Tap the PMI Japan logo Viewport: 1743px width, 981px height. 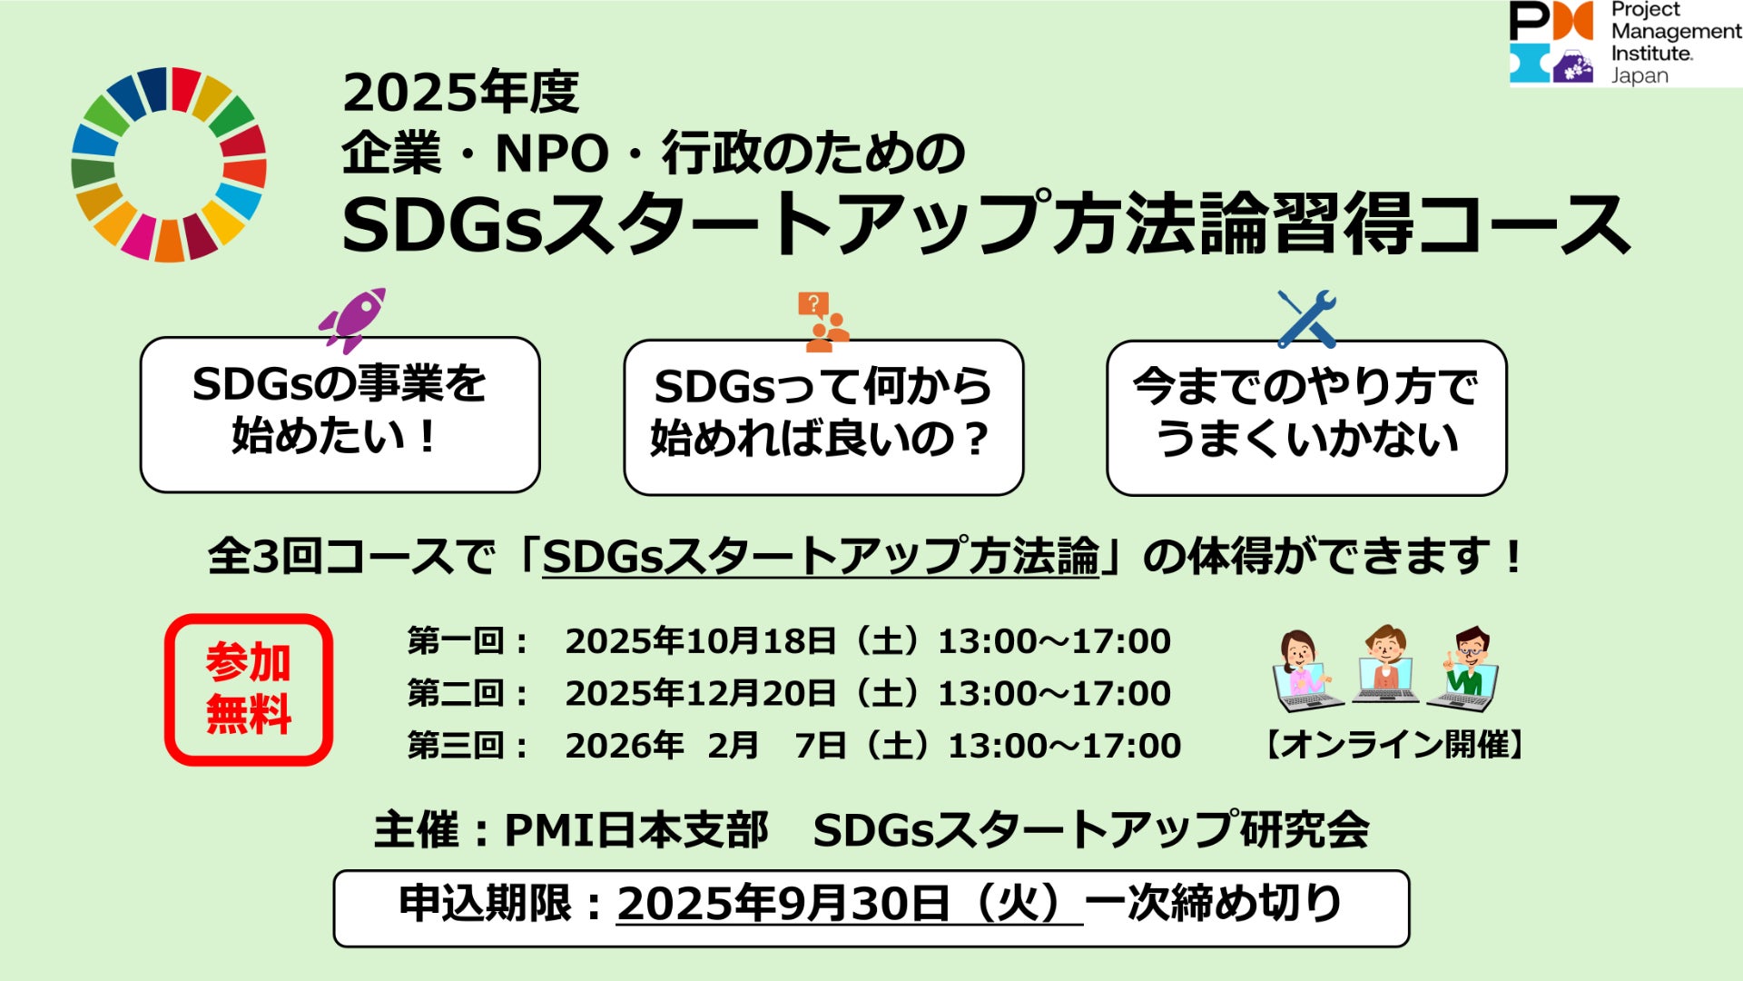(x=1625, y=43)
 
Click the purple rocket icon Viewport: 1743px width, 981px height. (x=352, y=320)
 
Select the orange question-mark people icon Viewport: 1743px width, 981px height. (x=822, y=322)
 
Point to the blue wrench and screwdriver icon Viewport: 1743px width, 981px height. (x=1306, y=319)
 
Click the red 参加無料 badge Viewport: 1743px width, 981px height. (x=249, y=689)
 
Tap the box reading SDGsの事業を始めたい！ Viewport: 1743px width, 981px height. (x=340, y=414)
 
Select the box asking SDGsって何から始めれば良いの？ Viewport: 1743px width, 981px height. (x=823, y=417)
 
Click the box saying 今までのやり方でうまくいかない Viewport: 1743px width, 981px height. (x=1306, y=417)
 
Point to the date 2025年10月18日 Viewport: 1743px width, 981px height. (x=700, y=641)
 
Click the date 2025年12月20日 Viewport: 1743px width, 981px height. (x=700, y=693)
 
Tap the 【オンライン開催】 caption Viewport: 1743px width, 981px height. (x=1394, y=745)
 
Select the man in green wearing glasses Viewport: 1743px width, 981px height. (x=1463, y=669)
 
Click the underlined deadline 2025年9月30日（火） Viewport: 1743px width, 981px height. (x=850, y=904)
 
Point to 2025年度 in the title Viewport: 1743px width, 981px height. (x=460, y=93)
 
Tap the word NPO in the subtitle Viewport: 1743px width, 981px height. (x=551, y=154)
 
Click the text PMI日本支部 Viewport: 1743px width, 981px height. (x=636, y=829)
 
